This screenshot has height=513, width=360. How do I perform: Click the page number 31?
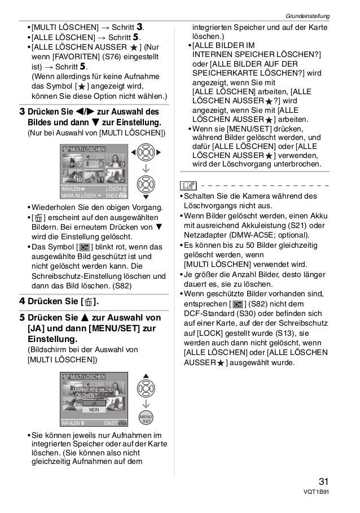pos(324,482)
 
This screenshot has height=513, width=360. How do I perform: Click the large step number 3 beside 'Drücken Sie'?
pos(21,111)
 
